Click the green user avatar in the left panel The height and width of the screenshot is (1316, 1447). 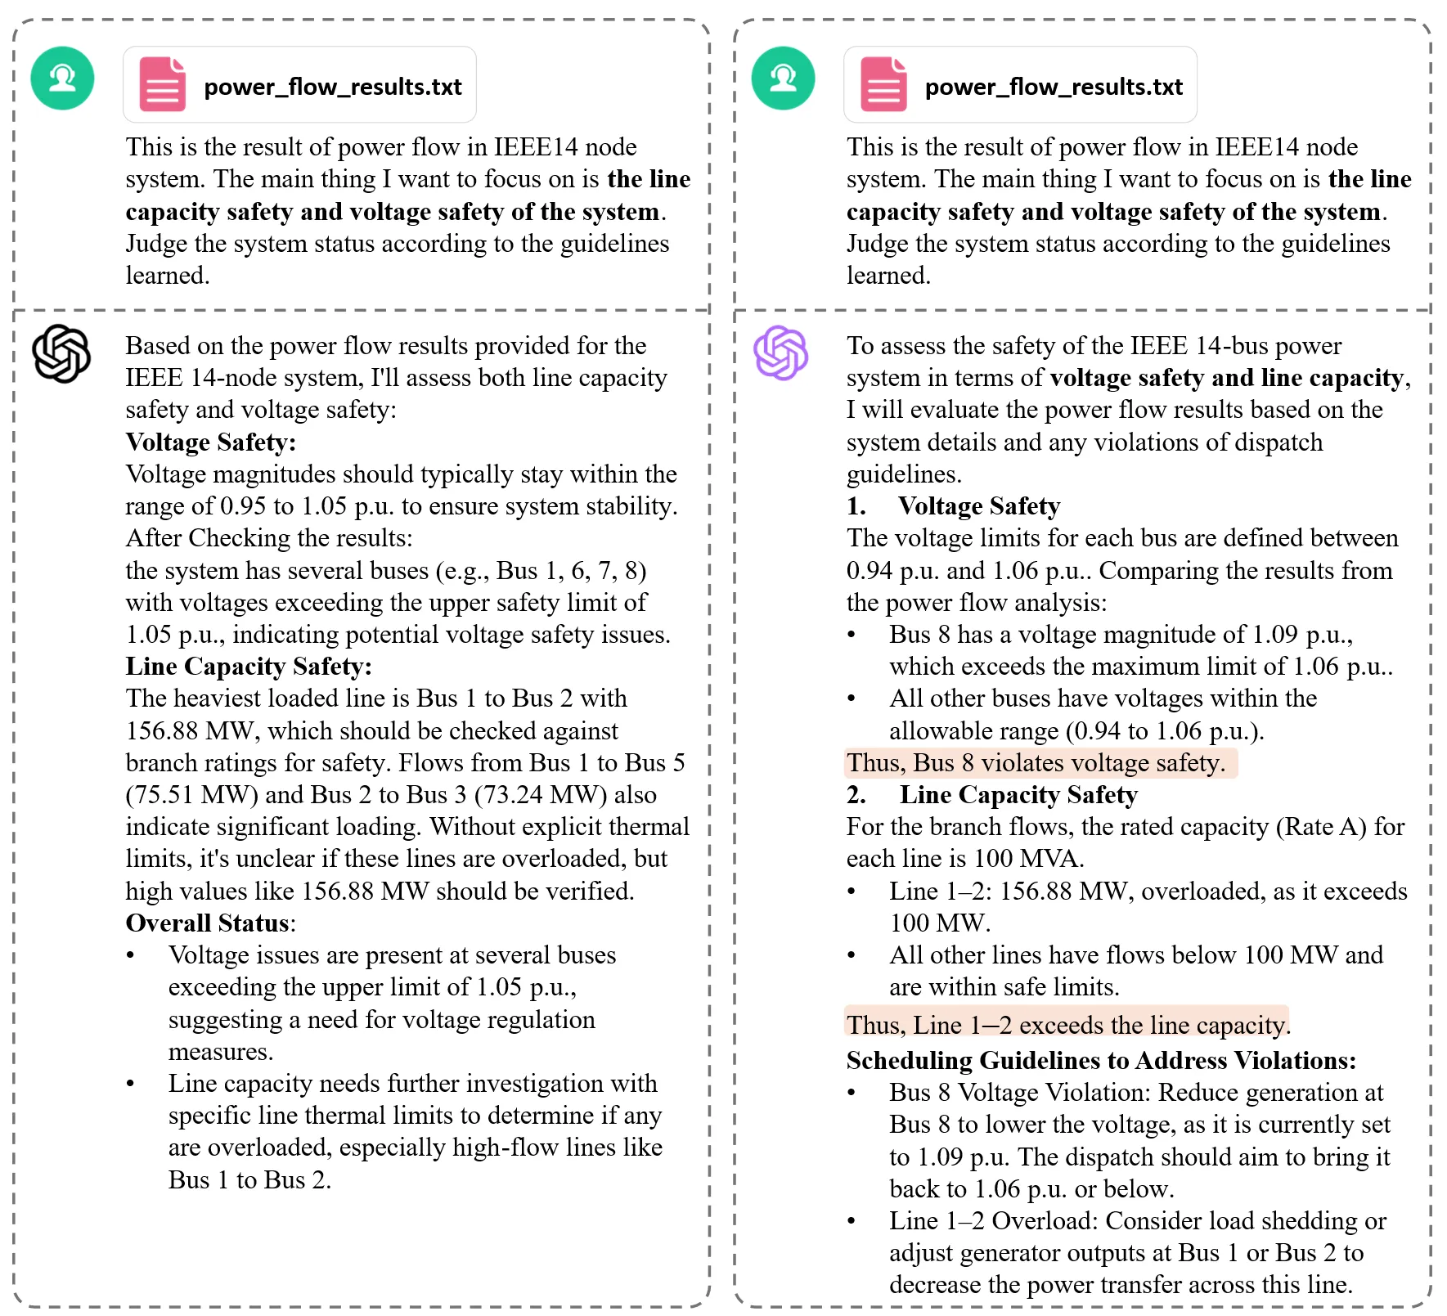(x=62, y=79)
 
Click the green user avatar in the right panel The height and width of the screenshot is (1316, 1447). (x=783, y=79)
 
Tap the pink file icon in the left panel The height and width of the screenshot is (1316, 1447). (x=162, y=84)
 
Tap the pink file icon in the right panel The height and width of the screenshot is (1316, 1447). (x=883, y=84)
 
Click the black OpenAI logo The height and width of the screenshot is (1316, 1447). (x=61, y=354)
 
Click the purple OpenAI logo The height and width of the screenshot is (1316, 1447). (x=781, y=353)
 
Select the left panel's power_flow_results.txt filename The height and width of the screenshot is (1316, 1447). (x=332, y=87)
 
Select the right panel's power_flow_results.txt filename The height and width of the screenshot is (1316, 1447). (x=1054, y=87)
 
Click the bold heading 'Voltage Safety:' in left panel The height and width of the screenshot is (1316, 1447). (x=210, y=442)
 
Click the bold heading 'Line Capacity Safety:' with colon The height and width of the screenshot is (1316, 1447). (x=249, y=667)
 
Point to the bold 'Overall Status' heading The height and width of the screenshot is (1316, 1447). (x=208, y=923)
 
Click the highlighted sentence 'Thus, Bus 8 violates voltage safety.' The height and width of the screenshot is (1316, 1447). (x=1036, y=763)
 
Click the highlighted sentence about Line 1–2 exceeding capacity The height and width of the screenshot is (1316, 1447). (x=1067, y=1025)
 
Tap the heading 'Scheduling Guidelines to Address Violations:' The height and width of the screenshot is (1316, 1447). (x=1101, y=1061)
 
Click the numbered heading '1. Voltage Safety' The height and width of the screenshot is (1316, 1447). (x=954, y=506)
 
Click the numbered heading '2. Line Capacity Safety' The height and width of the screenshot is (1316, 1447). (x=992, y=795)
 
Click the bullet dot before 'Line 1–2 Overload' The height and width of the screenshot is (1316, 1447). (x=852, y=1221)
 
